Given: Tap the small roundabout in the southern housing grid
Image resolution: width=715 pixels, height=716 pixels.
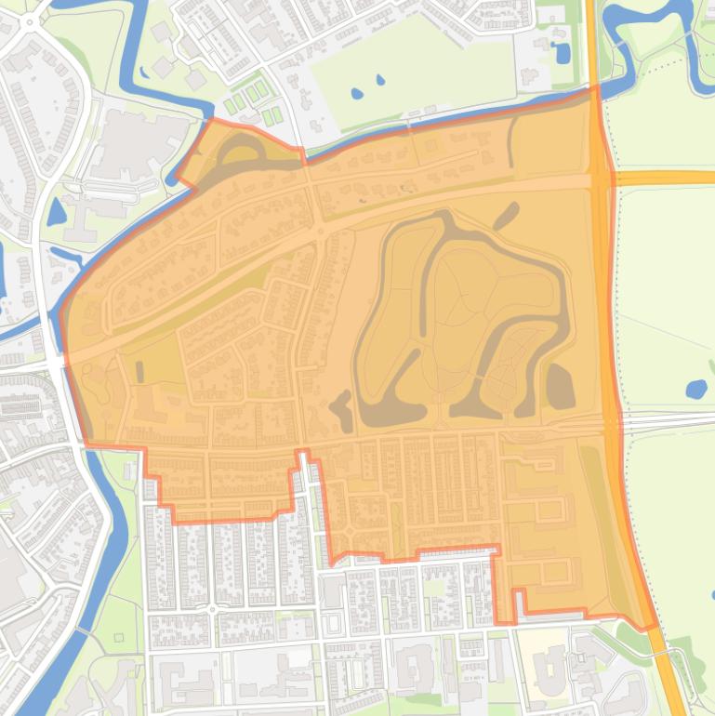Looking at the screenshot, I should coord(212,610).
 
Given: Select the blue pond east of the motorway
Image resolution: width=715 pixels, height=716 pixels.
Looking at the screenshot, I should coord(695,389).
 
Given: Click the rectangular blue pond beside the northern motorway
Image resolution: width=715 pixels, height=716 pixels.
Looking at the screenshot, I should coord(562,53).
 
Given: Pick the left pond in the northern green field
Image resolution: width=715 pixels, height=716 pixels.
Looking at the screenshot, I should coord(358,93).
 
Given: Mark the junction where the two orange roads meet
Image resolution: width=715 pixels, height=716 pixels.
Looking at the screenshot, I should coord(602,178).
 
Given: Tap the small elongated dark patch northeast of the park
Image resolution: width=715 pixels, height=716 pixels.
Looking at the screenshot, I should coord(506,216).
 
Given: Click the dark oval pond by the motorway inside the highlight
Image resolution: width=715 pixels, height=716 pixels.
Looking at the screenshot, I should coord(559,386).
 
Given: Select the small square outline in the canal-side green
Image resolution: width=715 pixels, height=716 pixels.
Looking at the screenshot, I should coord(118,638).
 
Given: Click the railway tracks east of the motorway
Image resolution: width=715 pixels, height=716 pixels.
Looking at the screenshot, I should coord(665,421).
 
